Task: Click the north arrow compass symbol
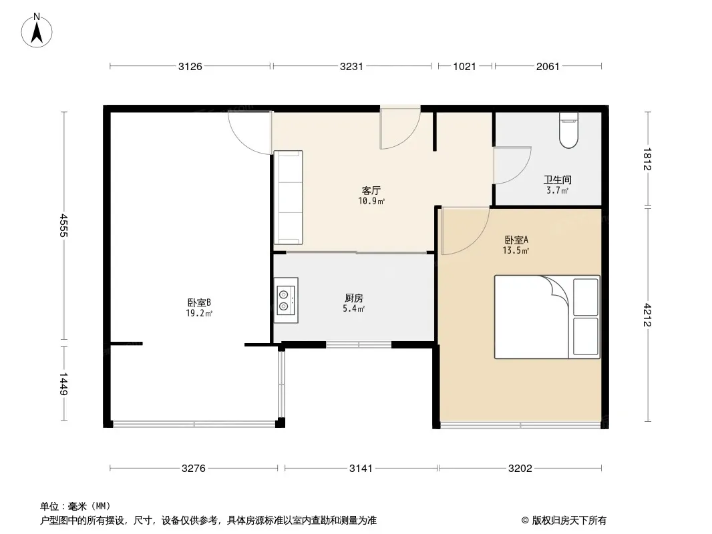point(37,31)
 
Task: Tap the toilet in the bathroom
point(568,130)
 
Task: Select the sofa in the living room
point(288,198)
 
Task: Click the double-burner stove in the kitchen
point(286,300)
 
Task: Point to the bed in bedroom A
point(547,317)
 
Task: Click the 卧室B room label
point(199,302)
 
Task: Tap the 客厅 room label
point(371,190)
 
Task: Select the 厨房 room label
point(354,298)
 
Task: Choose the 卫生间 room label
point(557,180)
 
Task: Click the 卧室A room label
point(516,240)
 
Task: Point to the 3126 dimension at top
point(190,66)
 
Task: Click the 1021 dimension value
point(464,66)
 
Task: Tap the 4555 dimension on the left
point(63,226)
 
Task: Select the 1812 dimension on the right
point(647,159)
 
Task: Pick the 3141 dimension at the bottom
point(361,468)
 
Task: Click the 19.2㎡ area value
point(199,313)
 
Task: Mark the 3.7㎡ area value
point(557,190)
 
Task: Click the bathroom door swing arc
point(522,172)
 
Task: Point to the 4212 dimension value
point(647,314)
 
